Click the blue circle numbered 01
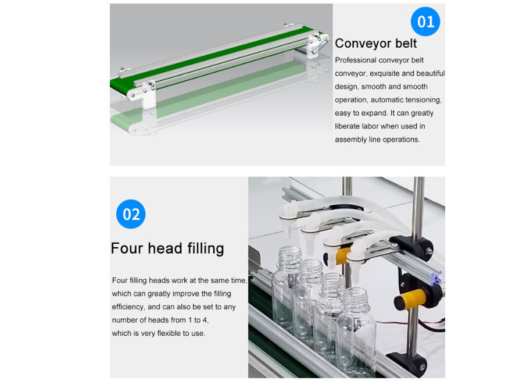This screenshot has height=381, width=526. (425, 22)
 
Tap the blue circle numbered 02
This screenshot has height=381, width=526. (131, 214)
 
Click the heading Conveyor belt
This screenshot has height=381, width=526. (375, 43)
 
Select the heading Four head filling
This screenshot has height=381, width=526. (167, 248)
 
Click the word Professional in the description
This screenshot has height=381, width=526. (356, 60)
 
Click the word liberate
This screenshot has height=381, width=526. (347, 126)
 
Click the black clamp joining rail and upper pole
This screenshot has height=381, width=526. (414, 247)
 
